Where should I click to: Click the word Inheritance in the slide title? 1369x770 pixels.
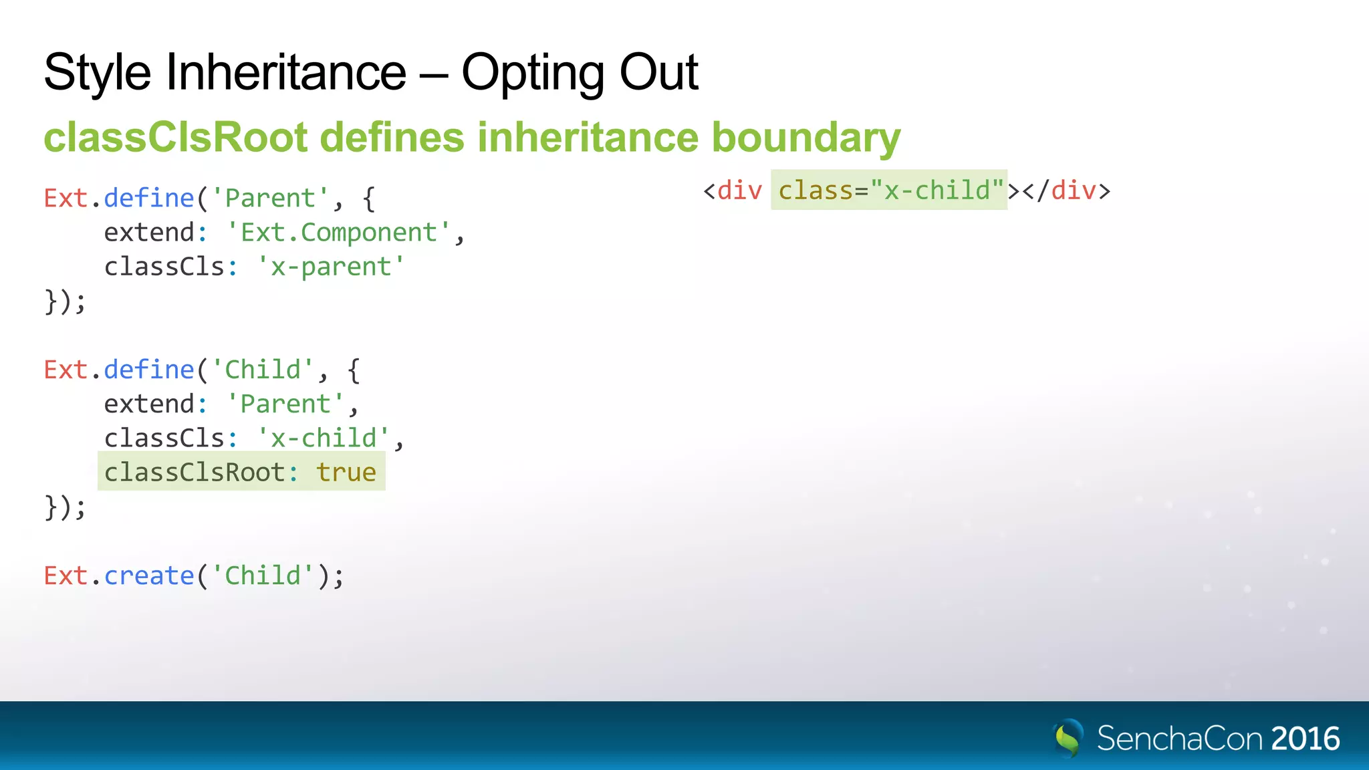click(285, 72)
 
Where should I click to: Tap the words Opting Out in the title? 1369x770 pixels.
click(580, 72)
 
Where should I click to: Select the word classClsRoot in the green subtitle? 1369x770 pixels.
click(175, 137)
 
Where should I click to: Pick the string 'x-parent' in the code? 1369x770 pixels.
click(331, 267)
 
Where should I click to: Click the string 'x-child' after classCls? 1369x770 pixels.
click(324, 438)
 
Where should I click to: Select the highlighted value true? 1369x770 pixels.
click(346, 473)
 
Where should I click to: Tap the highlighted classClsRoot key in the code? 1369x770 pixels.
click(195, 473)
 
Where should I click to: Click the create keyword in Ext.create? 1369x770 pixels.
click(149, 575)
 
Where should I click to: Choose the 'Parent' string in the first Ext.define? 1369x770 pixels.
click(270, 199)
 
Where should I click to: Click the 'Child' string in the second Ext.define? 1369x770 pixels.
click(263, 370)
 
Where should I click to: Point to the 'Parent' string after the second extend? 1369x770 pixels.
click(285, 404)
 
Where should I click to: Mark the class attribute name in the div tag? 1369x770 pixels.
click(816, 191)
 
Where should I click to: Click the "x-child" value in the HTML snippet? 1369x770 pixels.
click(937, 191)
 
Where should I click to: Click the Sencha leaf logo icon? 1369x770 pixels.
click(1068, 738)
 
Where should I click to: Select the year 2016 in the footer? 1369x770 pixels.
click(1305, 739)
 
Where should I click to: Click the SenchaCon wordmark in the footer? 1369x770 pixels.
click(1180, 739)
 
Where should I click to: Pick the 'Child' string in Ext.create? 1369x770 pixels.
click(263, 575)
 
